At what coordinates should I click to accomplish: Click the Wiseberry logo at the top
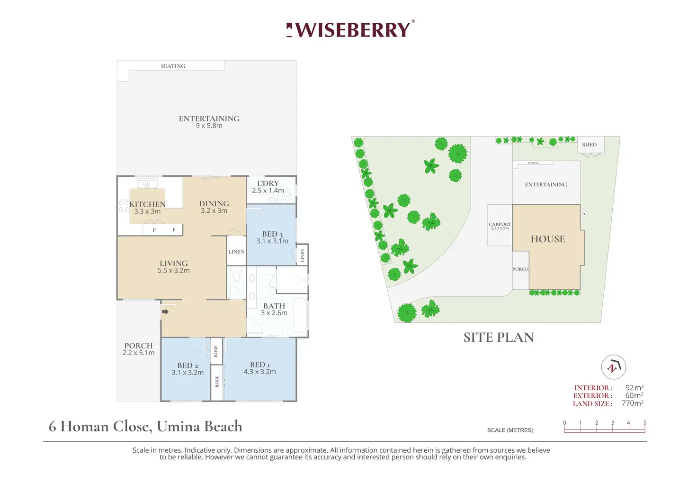pos(350,29)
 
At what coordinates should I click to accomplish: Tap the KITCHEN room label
pos(147,205)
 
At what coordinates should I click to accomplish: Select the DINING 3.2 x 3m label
pos(214,207)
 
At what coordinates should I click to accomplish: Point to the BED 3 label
pos(272,235)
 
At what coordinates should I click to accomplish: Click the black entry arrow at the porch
pos(165,311)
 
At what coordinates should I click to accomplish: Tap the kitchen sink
pos(147,184)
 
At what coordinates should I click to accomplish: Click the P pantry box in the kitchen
pos(154,230)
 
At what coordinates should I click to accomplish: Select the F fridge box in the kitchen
pos(174,229)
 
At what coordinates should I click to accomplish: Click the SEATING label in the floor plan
pos(173,66)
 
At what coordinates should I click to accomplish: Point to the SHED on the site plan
pos(590,145)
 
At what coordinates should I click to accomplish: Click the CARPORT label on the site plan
pos(500,224)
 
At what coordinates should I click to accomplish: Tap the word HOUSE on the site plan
pos(548,239)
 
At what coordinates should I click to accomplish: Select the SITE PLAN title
pos(499,338)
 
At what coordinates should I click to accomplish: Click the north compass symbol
pos(614,367)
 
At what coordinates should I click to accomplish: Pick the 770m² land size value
pos(632,403)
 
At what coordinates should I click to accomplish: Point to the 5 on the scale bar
pos(644,422)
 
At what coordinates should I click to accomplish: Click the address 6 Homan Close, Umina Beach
pos(145,426)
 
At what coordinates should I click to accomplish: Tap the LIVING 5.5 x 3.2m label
pos(174,266)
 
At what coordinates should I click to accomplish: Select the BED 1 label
pos(260,368)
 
